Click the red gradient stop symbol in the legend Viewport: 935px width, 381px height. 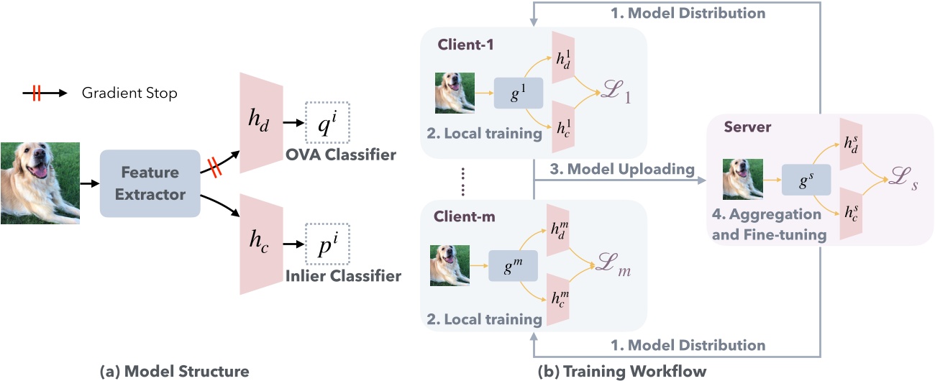point(36,93)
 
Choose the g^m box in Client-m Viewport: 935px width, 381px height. point(513,266)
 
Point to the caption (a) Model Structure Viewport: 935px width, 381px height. point(174,371)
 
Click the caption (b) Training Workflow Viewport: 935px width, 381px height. point(622,371)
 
